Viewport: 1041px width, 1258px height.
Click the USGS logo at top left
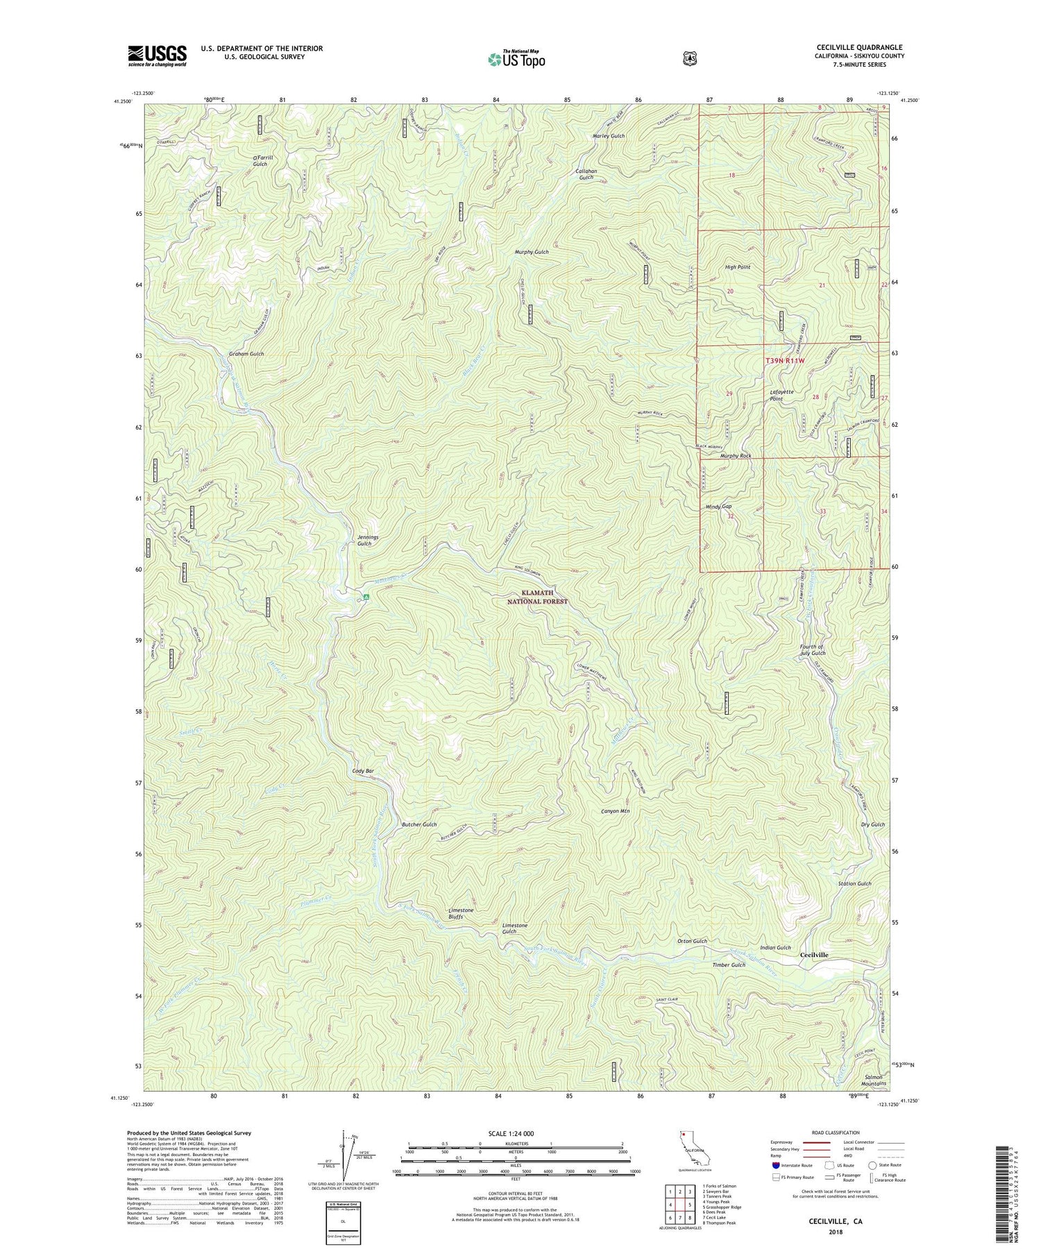click(158, 56)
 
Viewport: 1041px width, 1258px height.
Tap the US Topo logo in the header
click(517, 59)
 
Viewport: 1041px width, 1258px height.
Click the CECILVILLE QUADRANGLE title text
click(859, 48)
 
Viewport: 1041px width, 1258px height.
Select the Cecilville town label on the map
click(813, 955)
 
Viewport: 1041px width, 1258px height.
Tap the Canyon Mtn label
click(615, 811)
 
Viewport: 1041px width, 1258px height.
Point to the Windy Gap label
click(718, 507)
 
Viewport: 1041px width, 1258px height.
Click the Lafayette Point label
click(786, 396)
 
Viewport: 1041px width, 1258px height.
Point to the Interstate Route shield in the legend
click(775, 1166)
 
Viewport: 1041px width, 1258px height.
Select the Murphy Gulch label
click(532, 252)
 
